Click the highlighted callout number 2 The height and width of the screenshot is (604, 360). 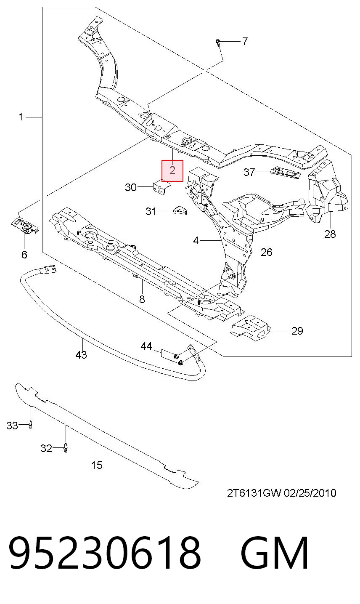pyautogui.click(x=172, y=170)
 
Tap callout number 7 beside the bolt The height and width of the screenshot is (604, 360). pyautogui.click(x=245, y=41)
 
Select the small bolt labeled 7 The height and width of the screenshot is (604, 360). pyautogui.click(x=218, y=43)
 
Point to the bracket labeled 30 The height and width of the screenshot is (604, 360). pyautogui.click(x=161, y=187)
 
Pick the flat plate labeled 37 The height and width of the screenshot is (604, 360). pyautogui.click(x=286, y=172)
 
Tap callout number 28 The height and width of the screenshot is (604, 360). pyautogui.click(x=330, y=234)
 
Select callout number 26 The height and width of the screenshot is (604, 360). pyautogui.click(x=267, y=252)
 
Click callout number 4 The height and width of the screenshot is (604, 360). pyautogui.click(x=196, y=240)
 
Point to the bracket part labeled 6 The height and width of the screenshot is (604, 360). pyautogui.click(x=26, y=226)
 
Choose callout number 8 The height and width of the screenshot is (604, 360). pyautogui.click(x=142, y=299)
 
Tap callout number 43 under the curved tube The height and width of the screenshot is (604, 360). pyautogui.click(x=81, y=354)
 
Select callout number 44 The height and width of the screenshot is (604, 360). pyautogui.click(x=146, y=346)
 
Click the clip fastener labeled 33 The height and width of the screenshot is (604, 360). pyautogui.click(x=30, y=425)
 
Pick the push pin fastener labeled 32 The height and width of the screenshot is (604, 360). pyautogui.click(x=66, y=448)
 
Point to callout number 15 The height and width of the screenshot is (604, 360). pyautogui.click(x=97, y=465)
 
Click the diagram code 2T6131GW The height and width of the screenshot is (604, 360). pyautogui.click(x=254, y=493)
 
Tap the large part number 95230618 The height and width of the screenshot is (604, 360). pyautogui.click(x=105, y=553)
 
